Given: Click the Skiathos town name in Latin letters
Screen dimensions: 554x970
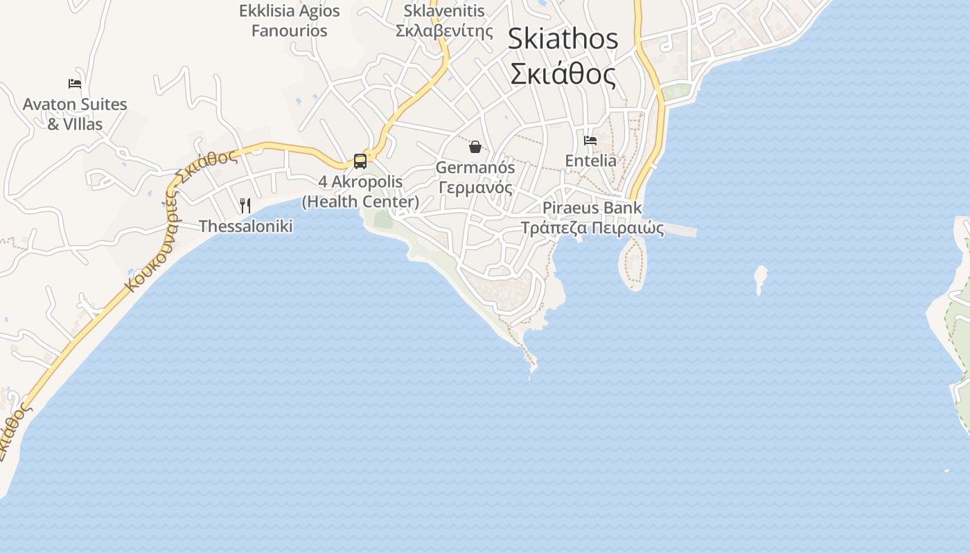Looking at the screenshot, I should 563,39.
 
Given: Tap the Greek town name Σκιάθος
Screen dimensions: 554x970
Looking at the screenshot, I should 563,74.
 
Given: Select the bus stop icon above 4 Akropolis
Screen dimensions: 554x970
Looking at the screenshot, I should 360,161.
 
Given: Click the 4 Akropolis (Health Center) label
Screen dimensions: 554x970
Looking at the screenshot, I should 360,192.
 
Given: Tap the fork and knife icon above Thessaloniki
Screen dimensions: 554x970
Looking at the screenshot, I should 245,205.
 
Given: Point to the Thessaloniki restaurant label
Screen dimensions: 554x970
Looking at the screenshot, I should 245,226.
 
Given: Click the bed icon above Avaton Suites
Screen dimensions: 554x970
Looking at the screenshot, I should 75,84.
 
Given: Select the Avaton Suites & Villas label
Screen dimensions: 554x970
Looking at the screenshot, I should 75,114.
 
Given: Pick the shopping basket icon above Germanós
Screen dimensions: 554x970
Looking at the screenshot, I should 475,147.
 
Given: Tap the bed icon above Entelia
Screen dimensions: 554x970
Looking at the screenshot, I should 590,140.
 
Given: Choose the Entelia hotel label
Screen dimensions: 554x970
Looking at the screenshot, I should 590,161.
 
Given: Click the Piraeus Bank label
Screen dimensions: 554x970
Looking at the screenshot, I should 592,208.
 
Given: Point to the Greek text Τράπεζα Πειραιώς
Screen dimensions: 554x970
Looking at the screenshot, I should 592,228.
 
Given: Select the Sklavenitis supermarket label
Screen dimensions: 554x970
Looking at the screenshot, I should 444,21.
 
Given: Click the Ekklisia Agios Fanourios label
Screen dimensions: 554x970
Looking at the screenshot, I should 289,21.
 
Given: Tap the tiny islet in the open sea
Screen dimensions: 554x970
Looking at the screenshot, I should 761,277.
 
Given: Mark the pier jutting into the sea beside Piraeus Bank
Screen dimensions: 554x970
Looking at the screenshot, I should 679,231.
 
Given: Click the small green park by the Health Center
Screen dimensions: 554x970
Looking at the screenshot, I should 383,219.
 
